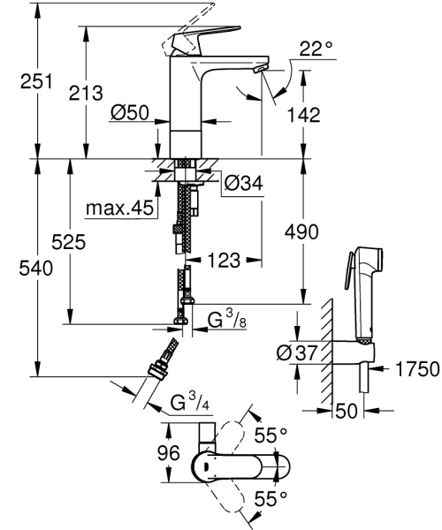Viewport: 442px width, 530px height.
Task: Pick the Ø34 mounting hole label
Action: pyautogui.click(x=242, y=184)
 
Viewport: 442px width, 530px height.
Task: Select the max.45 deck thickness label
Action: pyautogui.click(x=121, y=209)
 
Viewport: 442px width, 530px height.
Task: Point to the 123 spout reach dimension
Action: pyautogui.click(x=225, y=261)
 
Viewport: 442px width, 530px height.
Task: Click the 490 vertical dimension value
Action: pyautogui.click(x=301, y=231)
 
